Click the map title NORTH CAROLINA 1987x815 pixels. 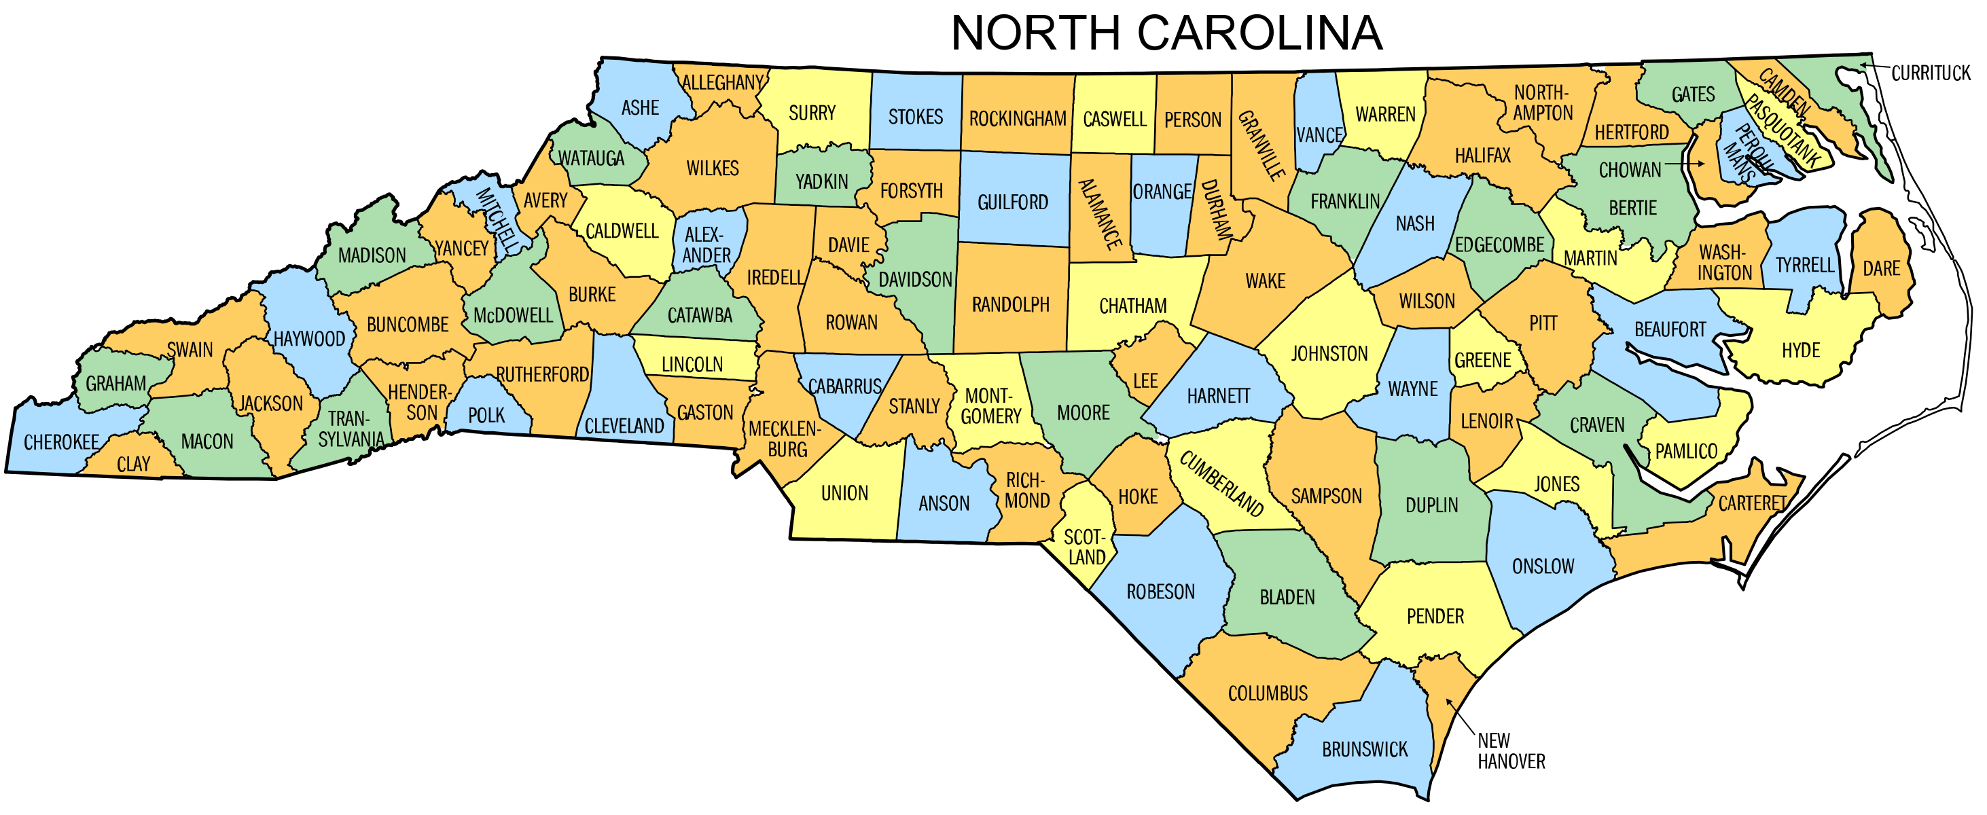pos(1166,33)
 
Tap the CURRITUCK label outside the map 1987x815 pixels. pos(1930,73)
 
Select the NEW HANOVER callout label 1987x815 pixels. pos(1510,751)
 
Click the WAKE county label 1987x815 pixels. pos(1265,281)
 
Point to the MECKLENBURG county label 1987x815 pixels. pos(785,439)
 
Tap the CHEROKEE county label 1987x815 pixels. pos(61,443)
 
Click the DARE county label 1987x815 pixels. pos(1881,268)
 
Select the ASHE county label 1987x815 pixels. pos(640,108)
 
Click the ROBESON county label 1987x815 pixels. pos(1160,592)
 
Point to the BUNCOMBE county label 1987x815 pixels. pos(408,325)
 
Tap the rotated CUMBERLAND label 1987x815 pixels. pos(1222,484)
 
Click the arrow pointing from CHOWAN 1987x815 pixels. pos(1685,164)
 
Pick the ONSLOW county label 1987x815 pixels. pos(1543,566)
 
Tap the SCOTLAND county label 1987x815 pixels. pos(1086,547)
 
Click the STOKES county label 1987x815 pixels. pos(916,117)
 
